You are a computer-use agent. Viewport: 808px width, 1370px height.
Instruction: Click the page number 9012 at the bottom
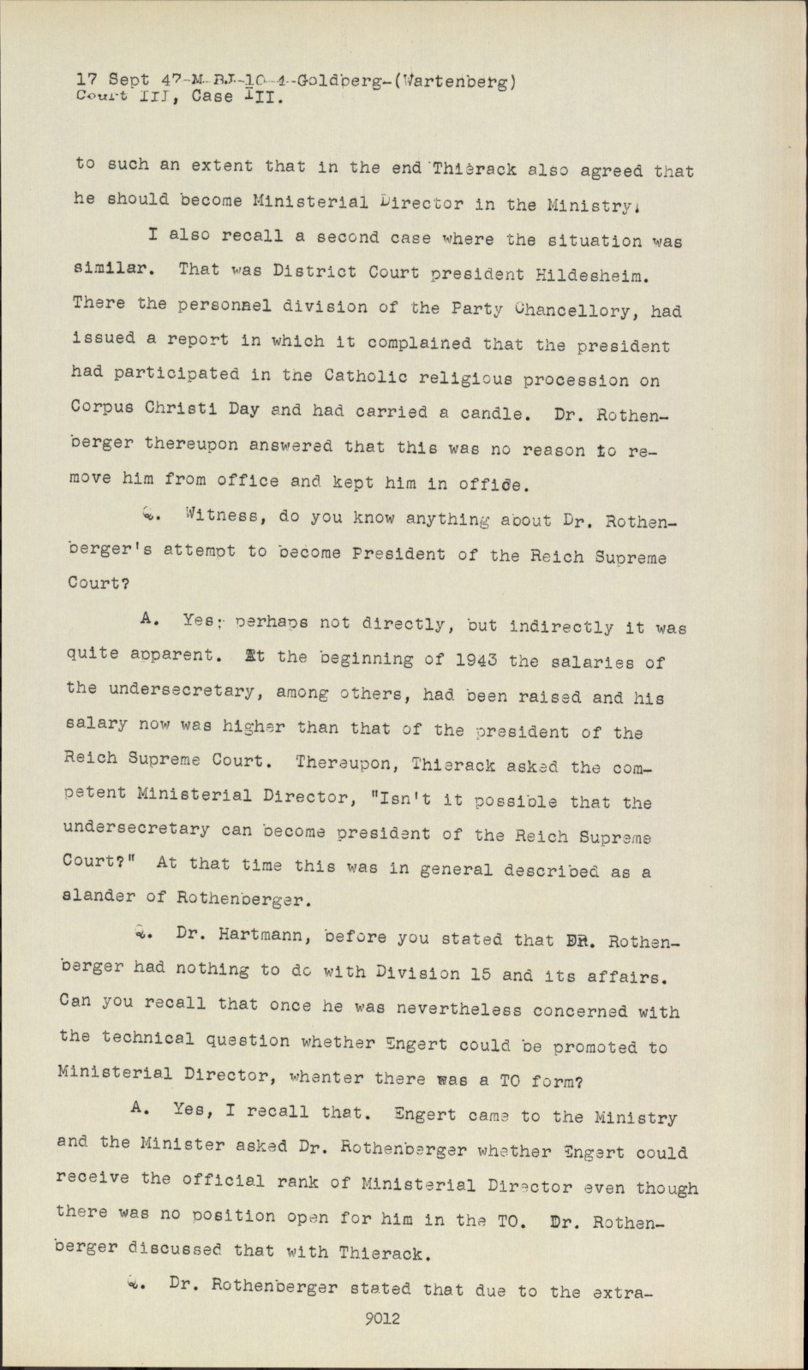pyautogui.click(x=381, y=1319)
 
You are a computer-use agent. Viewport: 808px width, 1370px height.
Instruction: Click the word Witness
pyautogui.click(x=218, y=516)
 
